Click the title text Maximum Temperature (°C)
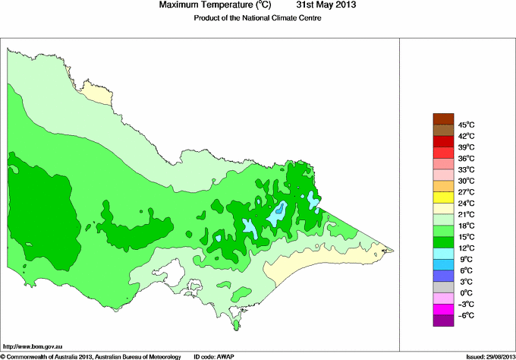tap(214, 5)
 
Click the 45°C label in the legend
tap(465, 125)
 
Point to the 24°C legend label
tap(465, 204)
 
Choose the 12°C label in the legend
tap(465, 248)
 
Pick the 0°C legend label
tap(465, 293)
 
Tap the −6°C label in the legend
tap(465, 315)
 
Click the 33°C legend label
tap(465, 169)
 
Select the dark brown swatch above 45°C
tap(443, 118)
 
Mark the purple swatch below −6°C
tap(443, 321)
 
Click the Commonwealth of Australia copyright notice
tap(91, 356)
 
